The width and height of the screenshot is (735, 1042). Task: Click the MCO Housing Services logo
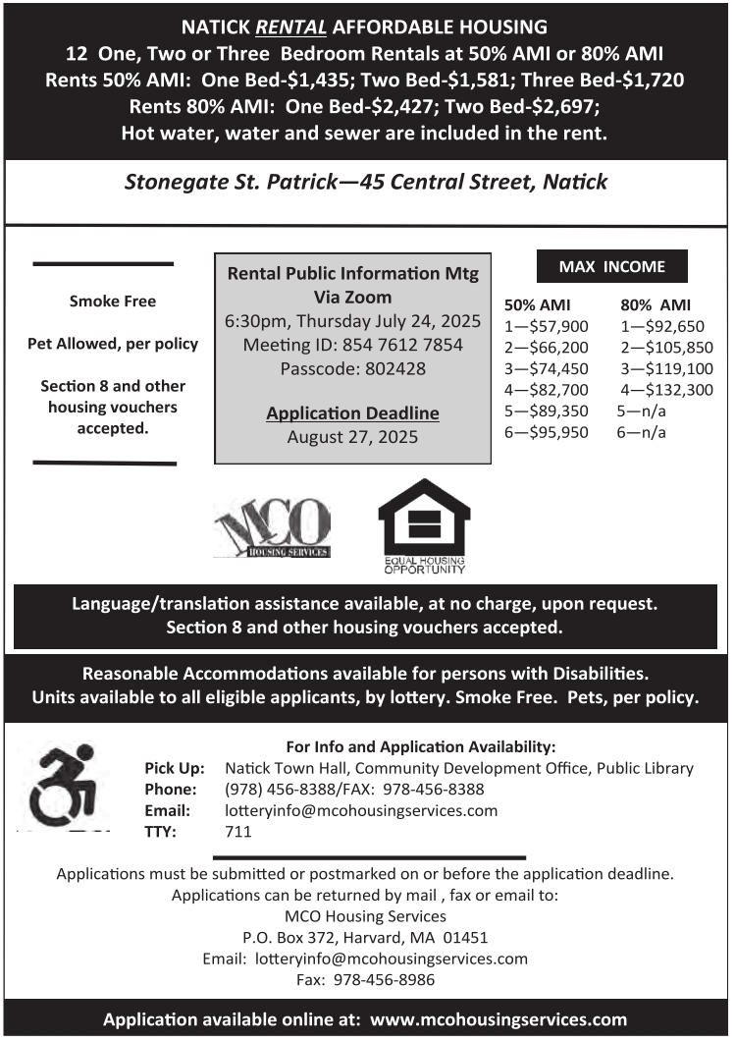[x=272, y=528]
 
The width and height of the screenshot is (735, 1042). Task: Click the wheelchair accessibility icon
[x=64, y=785]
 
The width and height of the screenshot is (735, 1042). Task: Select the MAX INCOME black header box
[x=611, y=266]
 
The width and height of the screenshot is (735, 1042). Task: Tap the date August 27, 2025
[x=352, y=437]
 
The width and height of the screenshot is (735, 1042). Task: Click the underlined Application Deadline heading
[x=352, y=413]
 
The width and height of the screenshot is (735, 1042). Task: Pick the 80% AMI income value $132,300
[x=673, y=390]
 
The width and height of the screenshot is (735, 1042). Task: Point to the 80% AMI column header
[x=656, y=304]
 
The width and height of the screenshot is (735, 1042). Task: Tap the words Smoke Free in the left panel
[x=112, y=301]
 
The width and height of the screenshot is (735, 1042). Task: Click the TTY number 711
[x=238, y=832]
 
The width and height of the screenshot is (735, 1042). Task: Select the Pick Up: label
[x=174, y=768]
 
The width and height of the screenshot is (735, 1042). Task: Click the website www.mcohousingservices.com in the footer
[x=499, y=1019]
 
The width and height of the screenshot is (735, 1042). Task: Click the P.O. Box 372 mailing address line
[x=365, y=937]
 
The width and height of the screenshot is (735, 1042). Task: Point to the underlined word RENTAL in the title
[x=286, y=26]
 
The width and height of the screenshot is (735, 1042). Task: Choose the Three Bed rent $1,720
[x=654, y=79]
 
